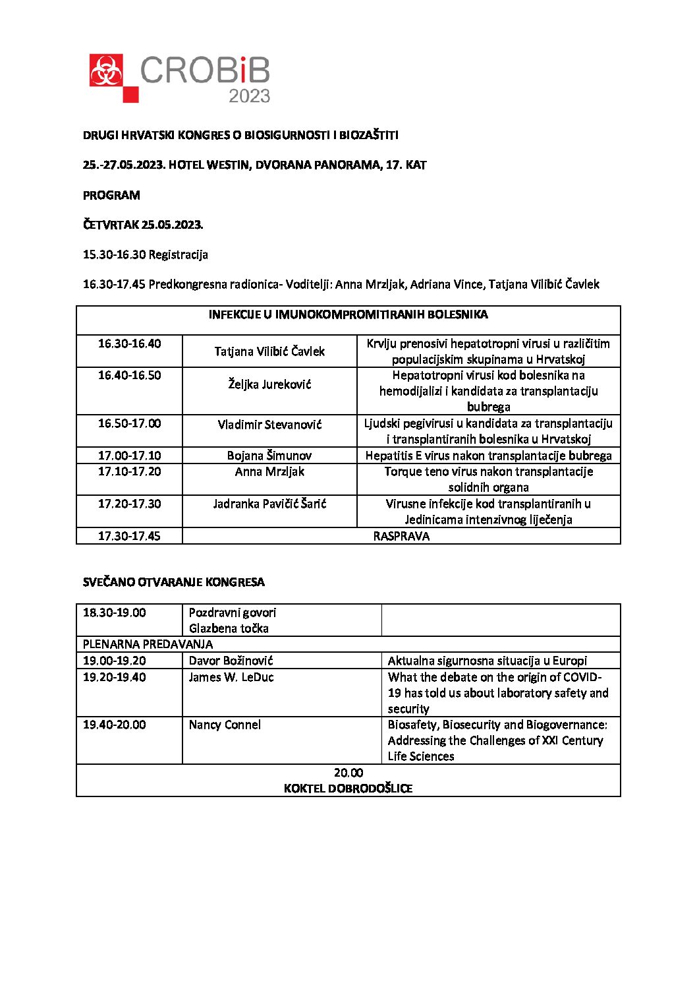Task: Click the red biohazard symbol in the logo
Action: click(106, 71)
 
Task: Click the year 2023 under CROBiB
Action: click(249, 96)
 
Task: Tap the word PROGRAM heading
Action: click(111, 195)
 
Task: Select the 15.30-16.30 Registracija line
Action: click(145, 254)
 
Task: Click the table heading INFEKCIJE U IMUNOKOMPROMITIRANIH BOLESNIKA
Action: click(348, 314)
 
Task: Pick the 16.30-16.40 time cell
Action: click(129, 344)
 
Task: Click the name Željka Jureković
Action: click(269, 384)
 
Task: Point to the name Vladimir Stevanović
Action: click(269, 424)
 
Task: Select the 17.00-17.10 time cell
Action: click(129, 456)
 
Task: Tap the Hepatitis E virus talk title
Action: click(488, 456)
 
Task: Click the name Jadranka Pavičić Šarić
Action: click(269, 504)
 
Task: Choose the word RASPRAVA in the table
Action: click(401, 536)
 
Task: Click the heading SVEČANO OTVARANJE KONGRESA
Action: click(174, 582)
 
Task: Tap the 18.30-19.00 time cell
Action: click(115, 613)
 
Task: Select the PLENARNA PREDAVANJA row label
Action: click(148, 644)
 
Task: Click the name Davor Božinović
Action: click(231, 661)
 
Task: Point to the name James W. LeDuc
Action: click(231, 677)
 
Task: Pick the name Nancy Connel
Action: click(225, 725)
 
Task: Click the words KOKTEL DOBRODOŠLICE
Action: click(348, 789)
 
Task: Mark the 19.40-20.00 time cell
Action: click(115, 725)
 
